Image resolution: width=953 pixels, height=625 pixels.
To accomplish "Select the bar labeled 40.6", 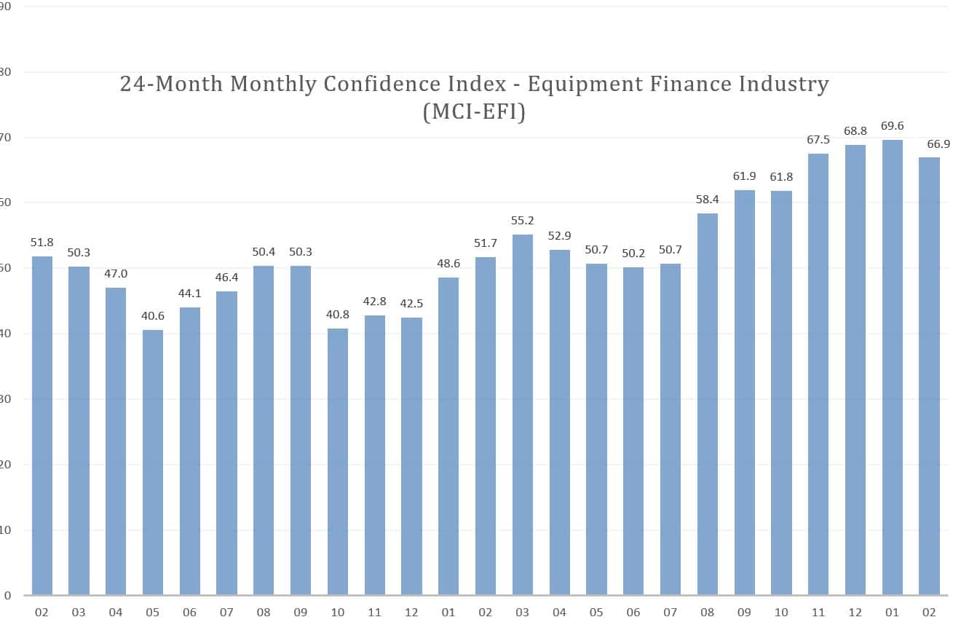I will pyautogui.click(x=153, y=463).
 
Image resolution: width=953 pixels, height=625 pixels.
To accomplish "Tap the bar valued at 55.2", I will pyautogui.click(x=522, y=415).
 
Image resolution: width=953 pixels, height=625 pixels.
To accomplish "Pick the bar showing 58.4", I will pyautogui.click(x=708, y=404).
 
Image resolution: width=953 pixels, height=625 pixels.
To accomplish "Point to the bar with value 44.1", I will pyautogui.click(x=190, y=452).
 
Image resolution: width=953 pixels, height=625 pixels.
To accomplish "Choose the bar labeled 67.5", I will pyautogui.click(x=818, y=374).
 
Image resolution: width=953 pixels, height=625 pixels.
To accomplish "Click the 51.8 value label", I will pyautogui.click(x=41, y=243).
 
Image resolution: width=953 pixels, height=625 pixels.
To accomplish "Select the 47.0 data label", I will pyautogui.click(x=116, y=275).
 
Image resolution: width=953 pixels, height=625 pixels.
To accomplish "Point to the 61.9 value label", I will pyautogui.click(x=745, y=176).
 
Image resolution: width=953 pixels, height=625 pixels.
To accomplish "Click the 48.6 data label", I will pyautogui.click(x=448, y=264).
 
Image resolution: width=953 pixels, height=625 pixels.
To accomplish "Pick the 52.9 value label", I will pyautogui.click(x=559, y=236).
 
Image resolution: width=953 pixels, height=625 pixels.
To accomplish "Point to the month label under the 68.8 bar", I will pyautogui.click(x=855, y=613).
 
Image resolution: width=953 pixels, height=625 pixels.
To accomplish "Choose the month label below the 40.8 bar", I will pyautogui.click(x=337, y=613).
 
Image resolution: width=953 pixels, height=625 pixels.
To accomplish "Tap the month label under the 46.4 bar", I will pyautogui.click(x=226, y=613).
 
